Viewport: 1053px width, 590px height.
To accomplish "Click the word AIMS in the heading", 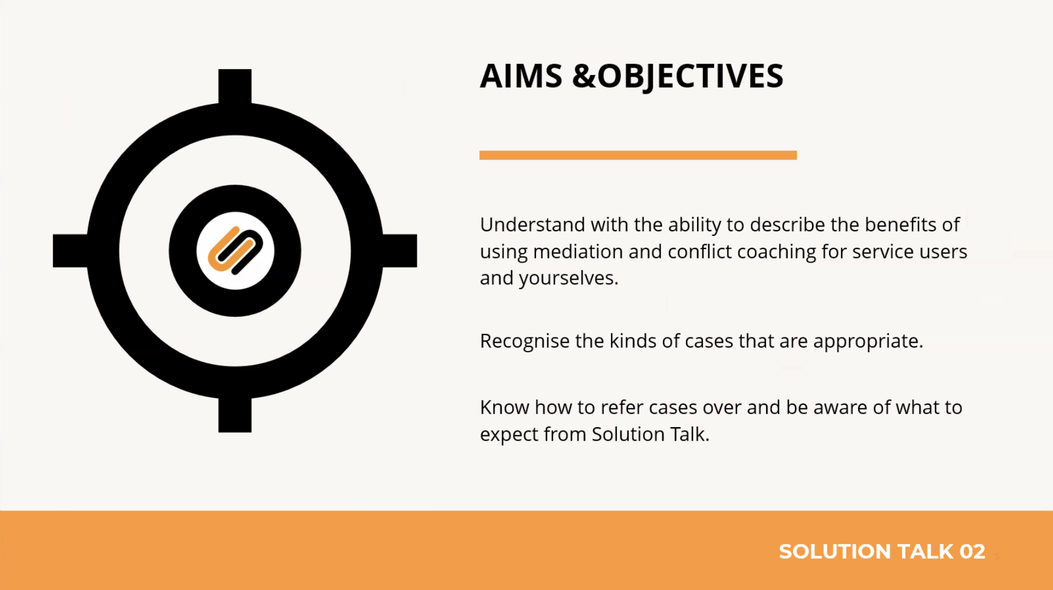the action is point(521,76).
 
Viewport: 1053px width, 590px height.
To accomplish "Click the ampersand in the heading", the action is point(584,76).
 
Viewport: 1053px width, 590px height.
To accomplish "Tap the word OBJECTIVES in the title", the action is point(691,77).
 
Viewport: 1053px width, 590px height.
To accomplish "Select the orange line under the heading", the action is point(638,155).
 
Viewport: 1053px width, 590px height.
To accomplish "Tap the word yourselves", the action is point(568,278).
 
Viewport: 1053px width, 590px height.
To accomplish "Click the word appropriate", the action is point(868,342).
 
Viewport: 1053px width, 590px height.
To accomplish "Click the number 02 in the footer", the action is point(972,552).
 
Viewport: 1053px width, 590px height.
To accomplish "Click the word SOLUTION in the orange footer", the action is point(835,552).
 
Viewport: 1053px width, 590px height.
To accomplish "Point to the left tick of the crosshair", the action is point(71,251).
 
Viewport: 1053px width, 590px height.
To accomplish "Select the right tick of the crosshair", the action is point(399,251).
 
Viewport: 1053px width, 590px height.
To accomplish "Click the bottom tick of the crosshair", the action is point(235,414).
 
